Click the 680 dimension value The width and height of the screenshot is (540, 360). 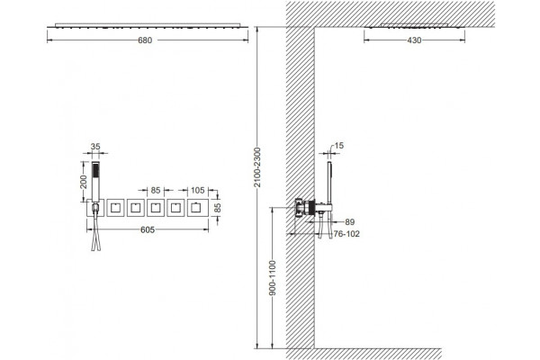145,40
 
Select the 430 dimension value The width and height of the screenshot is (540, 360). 414,40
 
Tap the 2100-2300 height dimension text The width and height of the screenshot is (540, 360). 257,167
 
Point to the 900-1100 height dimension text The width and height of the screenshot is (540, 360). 273,278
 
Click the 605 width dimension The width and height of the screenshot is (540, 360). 148,229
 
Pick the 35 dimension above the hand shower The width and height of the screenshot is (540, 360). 95,147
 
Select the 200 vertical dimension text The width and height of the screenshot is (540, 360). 84,181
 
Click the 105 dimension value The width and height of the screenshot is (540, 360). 198,190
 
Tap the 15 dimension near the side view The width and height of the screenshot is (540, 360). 339,146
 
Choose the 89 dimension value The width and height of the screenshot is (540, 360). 349,222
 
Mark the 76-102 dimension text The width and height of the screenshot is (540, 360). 346,234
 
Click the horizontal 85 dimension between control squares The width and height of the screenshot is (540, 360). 156,190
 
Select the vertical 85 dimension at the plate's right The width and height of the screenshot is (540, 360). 218,208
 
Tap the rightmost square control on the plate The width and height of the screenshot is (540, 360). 198,208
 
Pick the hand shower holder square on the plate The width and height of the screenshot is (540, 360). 95,208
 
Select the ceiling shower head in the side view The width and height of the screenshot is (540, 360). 414,26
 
